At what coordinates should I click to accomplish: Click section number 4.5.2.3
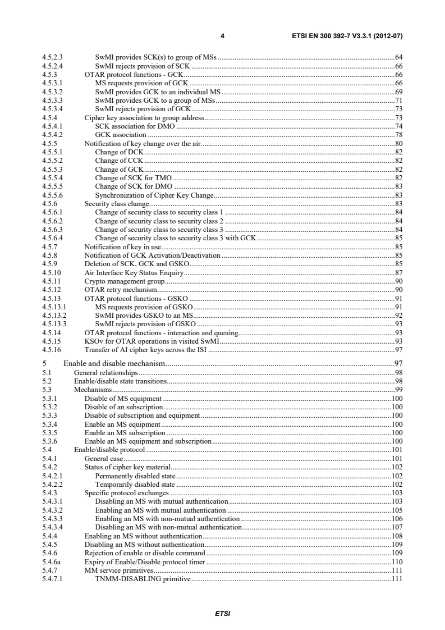point(53,57)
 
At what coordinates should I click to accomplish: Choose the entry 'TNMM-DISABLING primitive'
point(143,578)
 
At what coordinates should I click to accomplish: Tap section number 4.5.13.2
point(54,315)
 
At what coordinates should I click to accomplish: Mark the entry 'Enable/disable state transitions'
point(120,381)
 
